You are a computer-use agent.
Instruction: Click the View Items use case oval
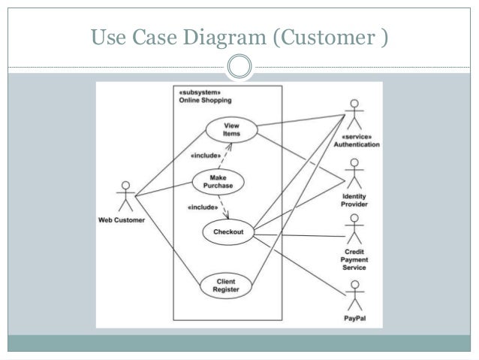(x=231, y=130)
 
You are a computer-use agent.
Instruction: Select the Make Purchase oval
(x=218, y=182)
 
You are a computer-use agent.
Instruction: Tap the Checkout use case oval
(x=228, y=231)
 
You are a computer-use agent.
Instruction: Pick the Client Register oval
(x=226, y=286)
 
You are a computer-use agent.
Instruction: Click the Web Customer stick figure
(x=125, y=196)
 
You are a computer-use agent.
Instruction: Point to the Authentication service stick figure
(x=354, y=115)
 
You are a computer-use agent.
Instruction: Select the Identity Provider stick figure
(x=354, y=174)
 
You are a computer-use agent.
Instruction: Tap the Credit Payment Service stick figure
(x=354, y=229)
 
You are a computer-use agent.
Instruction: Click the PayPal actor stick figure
(x=355, y=296)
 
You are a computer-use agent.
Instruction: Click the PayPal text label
(x=355, y=319)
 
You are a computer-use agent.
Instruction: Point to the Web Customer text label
(x=122, y=220)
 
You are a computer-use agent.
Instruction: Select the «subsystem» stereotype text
(x=200, y=92)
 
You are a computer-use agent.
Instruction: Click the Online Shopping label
(x=205, y=100)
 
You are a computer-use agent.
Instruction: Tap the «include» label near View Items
(x=206, y=156)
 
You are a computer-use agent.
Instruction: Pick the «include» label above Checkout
(x=203, y=207)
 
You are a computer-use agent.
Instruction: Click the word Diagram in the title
(x=224, y=38)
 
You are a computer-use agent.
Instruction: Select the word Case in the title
(x=155, y=37)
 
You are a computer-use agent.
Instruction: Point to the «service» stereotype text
(x=357, y=137)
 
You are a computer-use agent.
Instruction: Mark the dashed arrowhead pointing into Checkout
(x=227, y=216)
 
